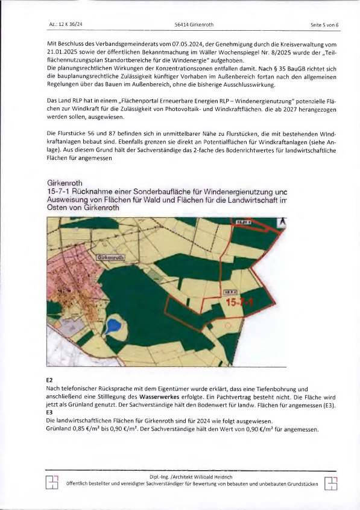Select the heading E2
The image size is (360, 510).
pos(49,380)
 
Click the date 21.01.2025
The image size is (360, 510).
pos(61,53)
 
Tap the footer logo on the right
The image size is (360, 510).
pos(330,483)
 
